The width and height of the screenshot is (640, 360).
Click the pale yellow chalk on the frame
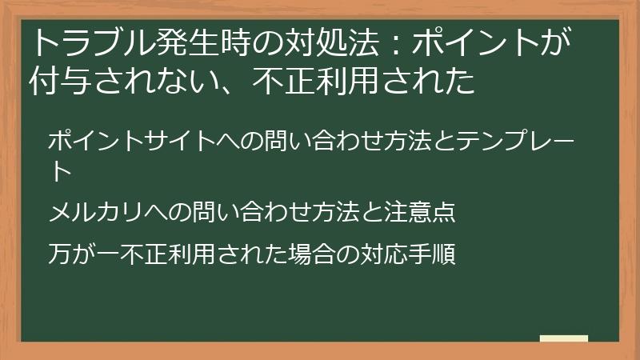click(x=563, y=338)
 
